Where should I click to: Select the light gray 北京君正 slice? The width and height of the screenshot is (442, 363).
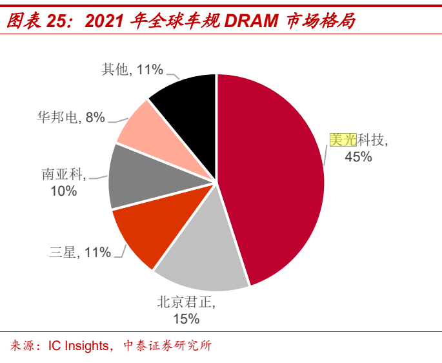[x=200, y=255]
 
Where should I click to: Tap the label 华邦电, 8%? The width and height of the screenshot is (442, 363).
[x=71, y=118]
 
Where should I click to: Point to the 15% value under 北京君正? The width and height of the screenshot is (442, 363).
[x=186, y=318]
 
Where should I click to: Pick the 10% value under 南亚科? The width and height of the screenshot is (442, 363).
[x=63, y=191]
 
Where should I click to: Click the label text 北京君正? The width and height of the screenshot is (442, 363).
[x=186, y=301]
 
